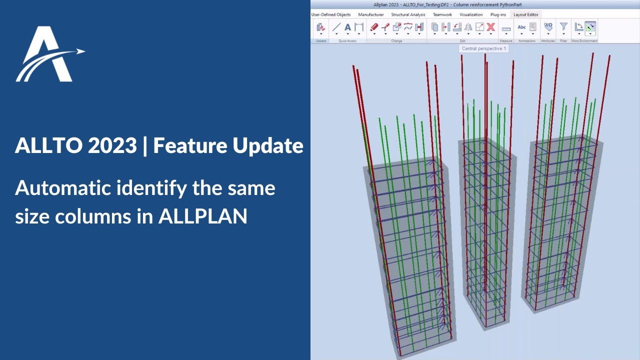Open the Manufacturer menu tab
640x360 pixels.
coord(371,14)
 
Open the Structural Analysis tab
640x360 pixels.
coord(408,14)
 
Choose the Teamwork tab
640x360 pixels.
coord(442,14)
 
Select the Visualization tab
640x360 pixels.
coord(471,14)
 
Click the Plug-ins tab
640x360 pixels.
coord(498,14)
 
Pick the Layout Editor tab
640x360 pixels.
coord(526,14)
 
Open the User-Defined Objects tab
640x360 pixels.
coord(331,14)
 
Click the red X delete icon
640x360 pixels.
coord(491,27)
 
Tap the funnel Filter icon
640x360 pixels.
coord(563,27)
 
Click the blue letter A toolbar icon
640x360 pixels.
coord(348,27)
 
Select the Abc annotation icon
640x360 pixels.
coord(521,27)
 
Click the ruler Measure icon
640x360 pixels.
coord(506,29)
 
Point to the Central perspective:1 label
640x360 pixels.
coord(484,48)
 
